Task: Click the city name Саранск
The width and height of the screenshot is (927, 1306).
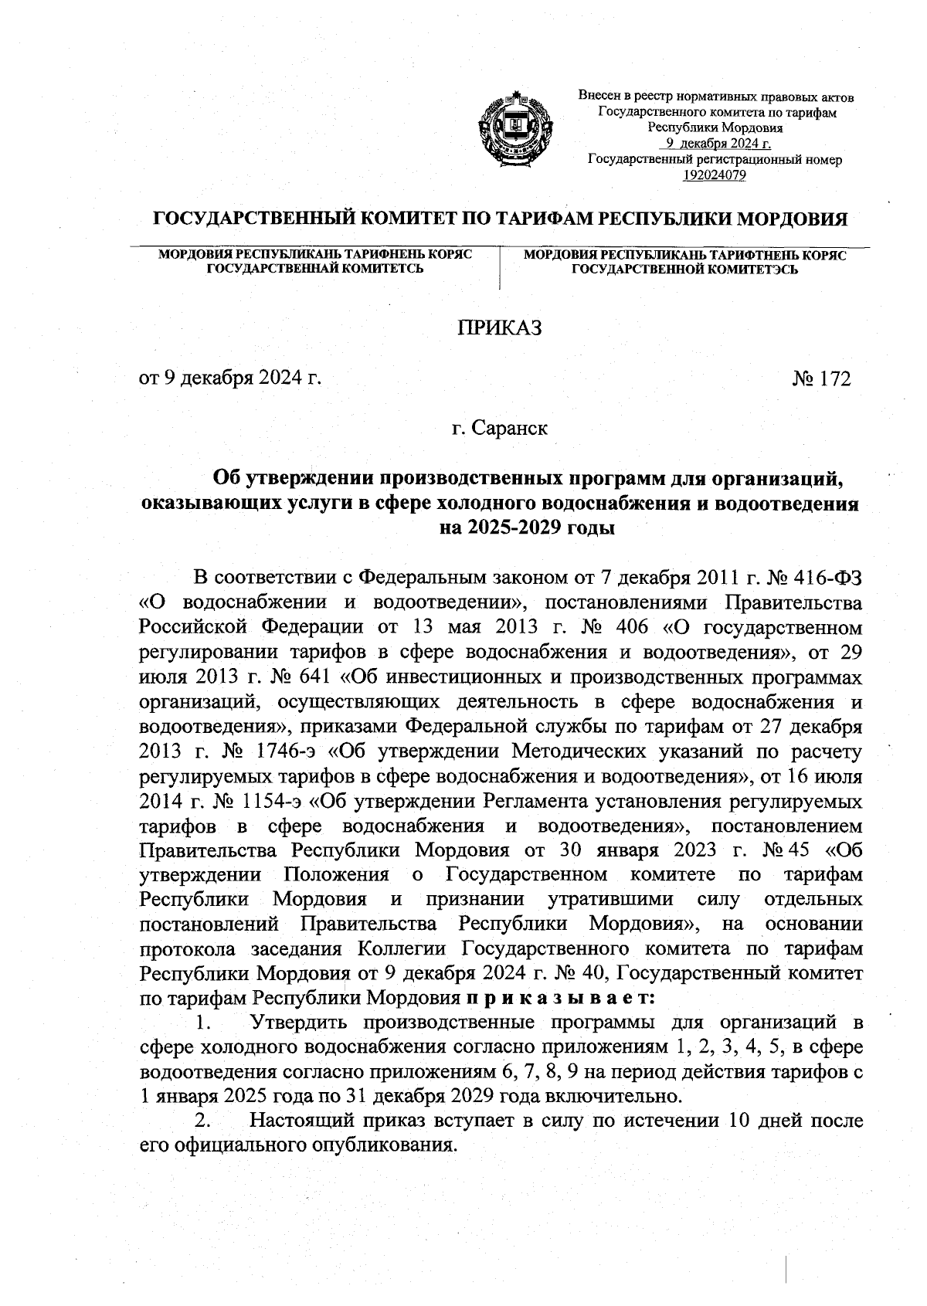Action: click(511, 427)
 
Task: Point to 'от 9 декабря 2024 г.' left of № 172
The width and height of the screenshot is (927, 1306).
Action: click(229, 378)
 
